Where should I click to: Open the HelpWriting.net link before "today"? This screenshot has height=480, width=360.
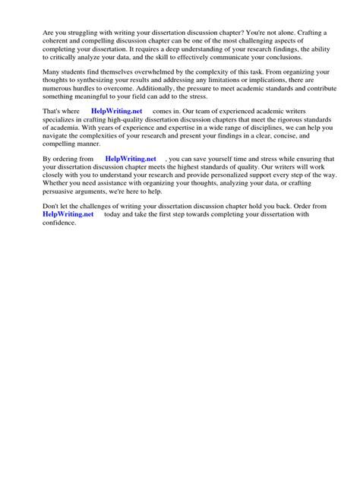coord(69,214)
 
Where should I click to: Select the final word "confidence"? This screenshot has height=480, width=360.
coord(60,223)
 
